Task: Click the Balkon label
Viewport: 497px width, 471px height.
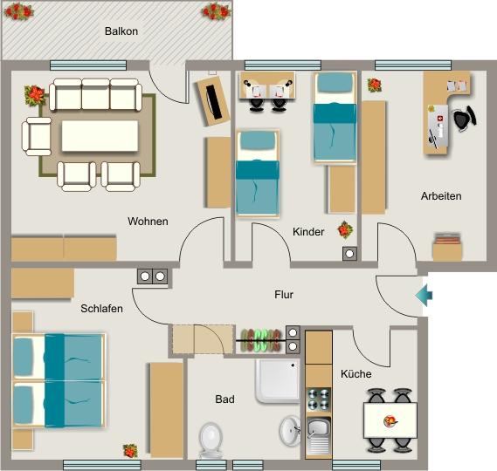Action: click(x=121, y=31)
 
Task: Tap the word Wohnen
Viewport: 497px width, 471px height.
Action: click(x=148, y=221)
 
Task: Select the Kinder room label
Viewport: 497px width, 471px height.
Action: click(x=308, y=232)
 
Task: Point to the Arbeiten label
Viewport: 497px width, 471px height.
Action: click(x=440, y=195)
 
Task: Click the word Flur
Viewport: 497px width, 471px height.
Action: click(x=284, y=295)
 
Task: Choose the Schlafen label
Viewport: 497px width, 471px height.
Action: click(x=101, y=309)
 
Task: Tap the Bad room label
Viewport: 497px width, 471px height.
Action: click(x=224, y=399)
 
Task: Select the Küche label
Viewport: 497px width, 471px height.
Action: click(x=355, y=373)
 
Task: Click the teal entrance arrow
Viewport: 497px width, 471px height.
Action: click(x=423, y=296)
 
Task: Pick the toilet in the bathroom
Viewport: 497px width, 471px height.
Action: click(x=211, y=440)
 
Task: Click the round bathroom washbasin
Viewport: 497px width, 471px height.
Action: click(x=290, y=430)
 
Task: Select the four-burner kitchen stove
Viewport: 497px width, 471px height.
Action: click(x=319, y=398)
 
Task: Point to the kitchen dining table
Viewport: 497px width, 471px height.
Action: click(x=390, y=420)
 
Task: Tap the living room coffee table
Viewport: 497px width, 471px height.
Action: click(x=99, y=137)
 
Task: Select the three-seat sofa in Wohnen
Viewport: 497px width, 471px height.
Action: click(x=94, y=94)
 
